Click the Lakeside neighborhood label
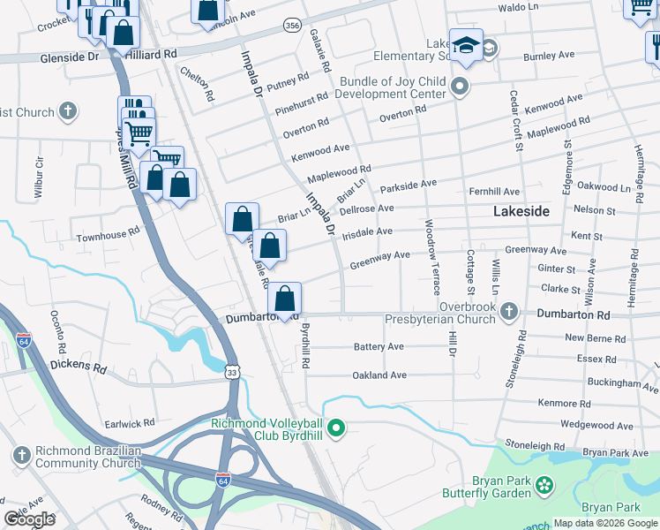tap(521, 211)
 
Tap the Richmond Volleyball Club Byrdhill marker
tap(335, 429)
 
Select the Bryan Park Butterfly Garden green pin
tap(545, 483)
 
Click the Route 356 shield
tap(292, 26)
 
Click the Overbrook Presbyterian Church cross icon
tap(508, 310)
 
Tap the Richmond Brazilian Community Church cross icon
tap(22, 456)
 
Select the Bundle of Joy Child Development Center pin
tap(459, 87)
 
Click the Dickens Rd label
tap(79, 366)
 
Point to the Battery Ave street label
tap(379, 347)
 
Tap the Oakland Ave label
tap(379, 375)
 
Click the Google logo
tap(30, 519)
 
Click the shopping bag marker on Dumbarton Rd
tap(284, 299)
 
